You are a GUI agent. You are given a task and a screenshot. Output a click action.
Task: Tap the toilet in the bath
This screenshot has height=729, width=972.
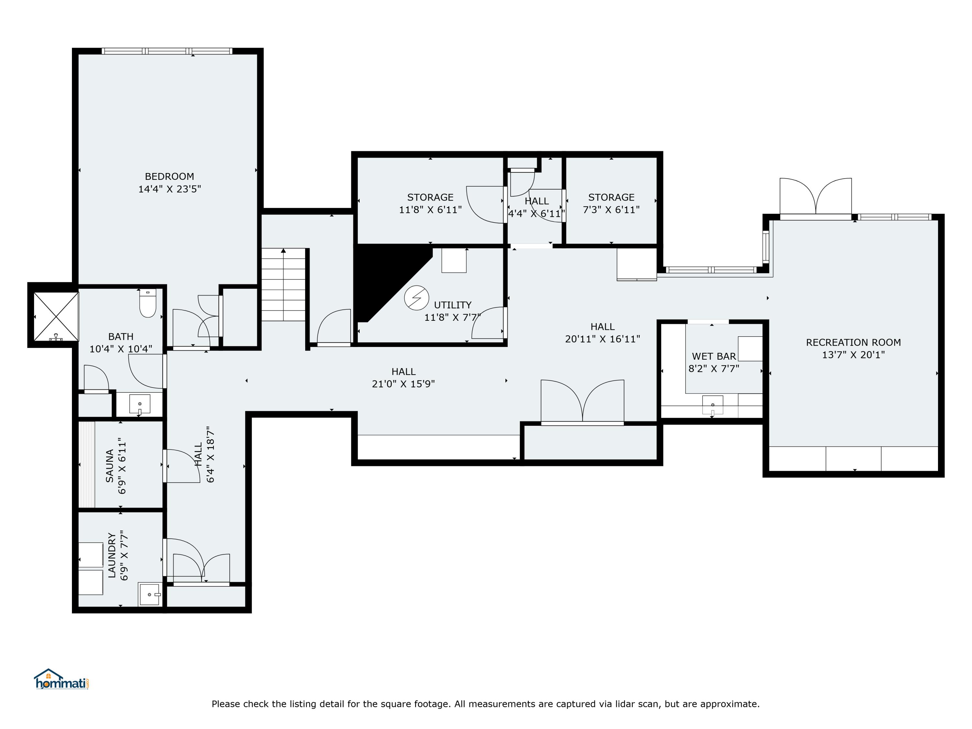coord(148,303)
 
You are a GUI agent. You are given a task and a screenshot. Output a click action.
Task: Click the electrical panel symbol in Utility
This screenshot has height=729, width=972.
coord(416,298)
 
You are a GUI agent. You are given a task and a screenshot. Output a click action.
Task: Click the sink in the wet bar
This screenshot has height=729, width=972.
coord(712,405)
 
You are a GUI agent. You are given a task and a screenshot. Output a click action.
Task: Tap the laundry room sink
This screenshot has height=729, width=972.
coord(149,594)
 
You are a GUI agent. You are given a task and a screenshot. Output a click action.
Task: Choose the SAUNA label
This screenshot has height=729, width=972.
coord(110,466)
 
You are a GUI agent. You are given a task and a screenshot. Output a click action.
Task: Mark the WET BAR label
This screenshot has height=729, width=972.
coord(714,356)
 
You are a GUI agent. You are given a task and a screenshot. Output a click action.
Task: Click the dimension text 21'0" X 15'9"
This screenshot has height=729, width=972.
coord(403,384)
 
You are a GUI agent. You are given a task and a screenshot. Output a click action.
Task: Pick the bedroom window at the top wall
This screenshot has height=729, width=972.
coord(167,51)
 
